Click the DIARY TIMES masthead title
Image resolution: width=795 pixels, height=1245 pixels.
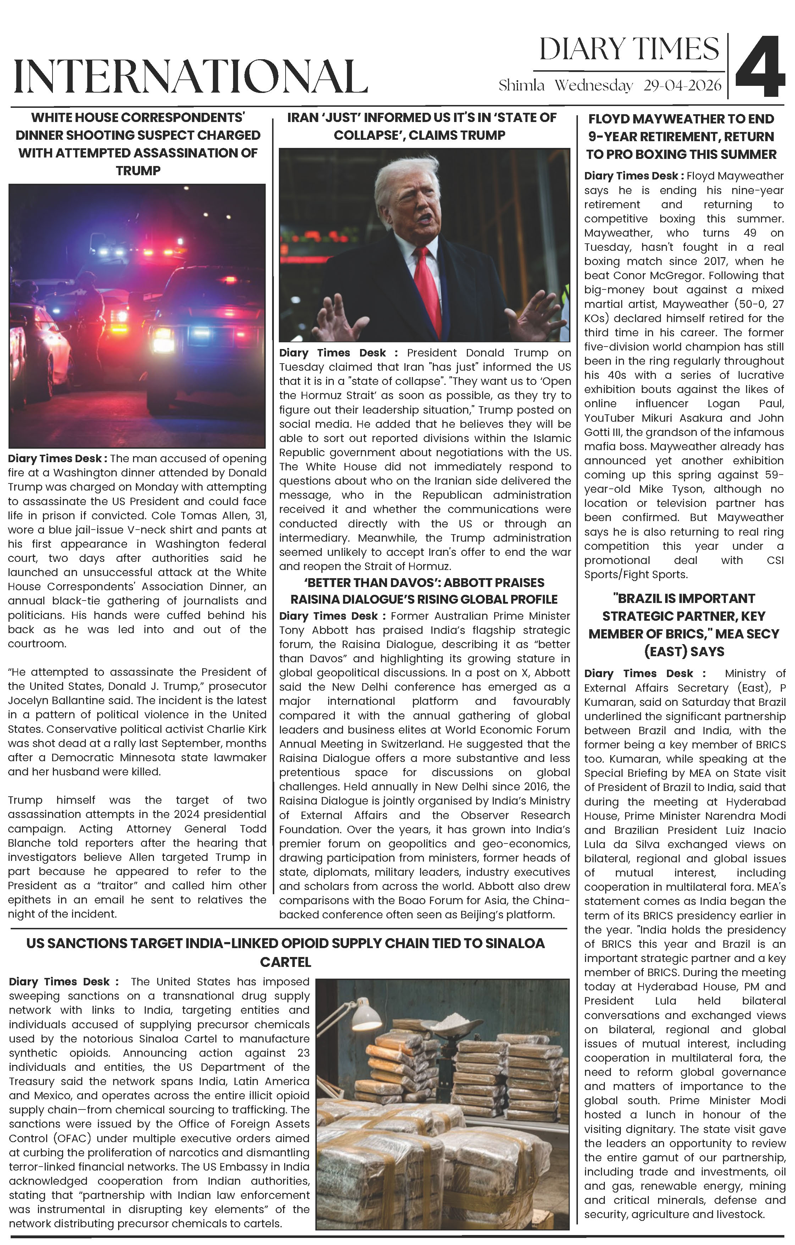[629, 50]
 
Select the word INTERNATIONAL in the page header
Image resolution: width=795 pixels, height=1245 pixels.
[191, 77]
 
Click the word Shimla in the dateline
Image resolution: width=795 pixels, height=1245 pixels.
[521, 86]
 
